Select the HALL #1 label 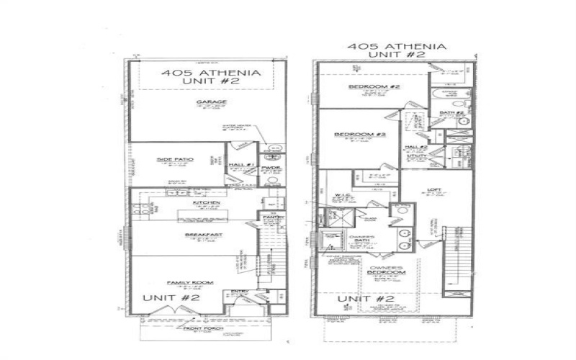pyautogui.click(x=239, y=166)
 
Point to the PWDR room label pyautogui.click(x=272, y=167)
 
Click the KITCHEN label pyautogui.click(x=205, y=204)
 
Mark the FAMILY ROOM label pyautogui.click(x=184, y=282)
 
